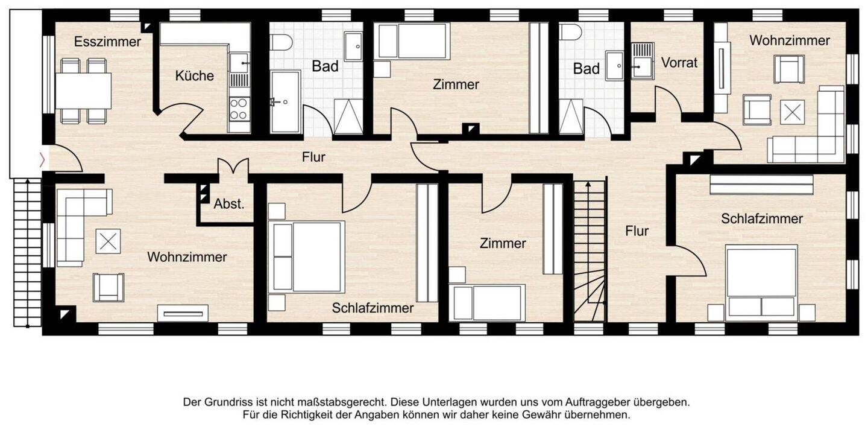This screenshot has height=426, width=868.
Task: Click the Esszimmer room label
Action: coord(107,42)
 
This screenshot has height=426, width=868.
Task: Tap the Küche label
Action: coord(194,76)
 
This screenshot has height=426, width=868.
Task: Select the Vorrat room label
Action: coord(679,62)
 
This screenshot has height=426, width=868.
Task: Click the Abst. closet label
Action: coord(229,204)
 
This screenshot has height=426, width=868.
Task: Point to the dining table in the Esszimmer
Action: coord(84,91)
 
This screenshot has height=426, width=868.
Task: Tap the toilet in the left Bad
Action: coord(281,42)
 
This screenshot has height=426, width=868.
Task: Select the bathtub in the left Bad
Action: coord(285,101)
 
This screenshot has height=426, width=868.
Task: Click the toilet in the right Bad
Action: coord(570,32)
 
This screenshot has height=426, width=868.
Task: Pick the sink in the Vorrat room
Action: coord(643,60)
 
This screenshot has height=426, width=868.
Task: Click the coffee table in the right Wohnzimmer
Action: coord(792,112)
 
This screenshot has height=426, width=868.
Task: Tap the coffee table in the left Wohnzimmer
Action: coord(108,241)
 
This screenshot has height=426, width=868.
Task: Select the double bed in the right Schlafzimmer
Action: coord(761,281)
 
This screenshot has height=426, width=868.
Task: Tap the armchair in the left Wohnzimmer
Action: coord(108,287)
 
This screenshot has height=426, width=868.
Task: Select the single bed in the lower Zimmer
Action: coord(488,303)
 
